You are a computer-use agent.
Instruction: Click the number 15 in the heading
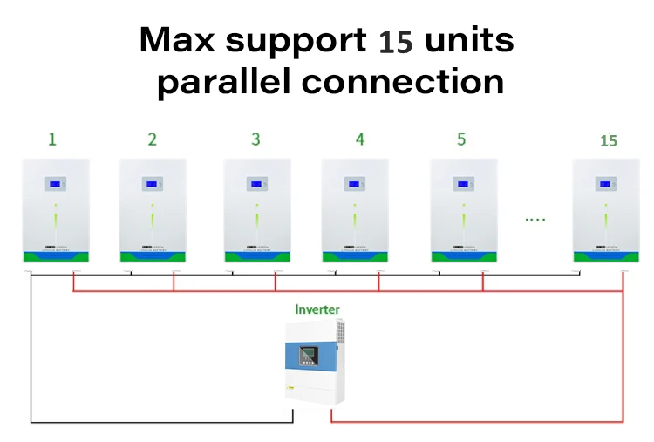tap(396, 42)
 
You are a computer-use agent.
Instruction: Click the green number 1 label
tap(53, 139)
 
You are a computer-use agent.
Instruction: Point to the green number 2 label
tap(153, 139)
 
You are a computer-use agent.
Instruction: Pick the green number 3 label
tap(255, 139)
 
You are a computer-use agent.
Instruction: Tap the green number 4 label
tap(359, 139)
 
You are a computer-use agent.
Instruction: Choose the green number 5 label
tap(461, 139)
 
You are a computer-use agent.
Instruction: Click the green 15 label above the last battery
tap(609, 140)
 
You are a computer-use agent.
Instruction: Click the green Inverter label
tap(317, 309)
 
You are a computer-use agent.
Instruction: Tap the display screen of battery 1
tap(56, 184)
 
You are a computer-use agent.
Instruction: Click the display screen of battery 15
tap(605, 184)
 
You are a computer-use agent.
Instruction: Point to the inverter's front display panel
tap(309, 356)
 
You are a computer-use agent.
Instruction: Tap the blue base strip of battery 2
tap(153, 256)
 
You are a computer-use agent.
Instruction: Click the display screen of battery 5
tap(463, 184)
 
